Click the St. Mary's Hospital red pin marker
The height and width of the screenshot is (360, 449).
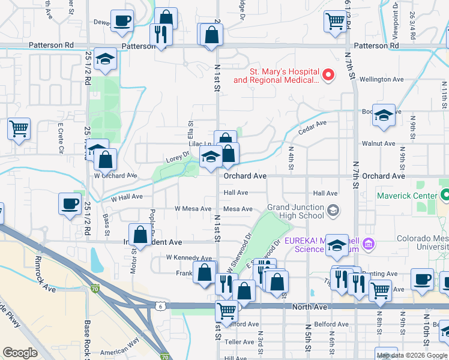pyautogui.click(x=328, y=76)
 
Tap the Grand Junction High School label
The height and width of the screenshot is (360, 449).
pyautogui.click(x=295, y=211)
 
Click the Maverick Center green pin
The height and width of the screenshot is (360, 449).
pyautogui.click(x=444, y=195)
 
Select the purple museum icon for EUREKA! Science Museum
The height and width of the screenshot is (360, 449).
pyautogui.click(x=369, y=244)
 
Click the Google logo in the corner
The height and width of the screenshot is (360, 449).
pyautogui.click(x=20, y=353)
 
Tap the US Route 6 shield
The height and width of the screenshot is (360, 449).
pyautogui.click(x=160, y=307)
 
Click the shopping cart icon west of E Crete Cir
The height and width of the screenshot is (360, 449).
pyautogui.click(x=19, y=128)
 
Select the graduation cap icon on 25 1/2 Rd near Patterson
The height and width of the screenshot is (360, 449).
pyautogui.click(x=105, y=60)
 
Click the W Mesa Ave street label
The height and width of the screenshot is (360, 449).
pyautogui.click(x=193, y=209)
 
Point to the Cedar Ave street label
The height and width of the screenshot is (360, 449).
pyautogui.click(x=313, y=124)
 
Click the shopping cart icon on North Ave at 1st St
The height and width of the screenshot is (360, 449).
pyautogui.click(x=226, y=311)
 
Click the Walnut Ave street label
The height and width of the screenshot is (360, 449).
pyautogui.click(x=378, y=144)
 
